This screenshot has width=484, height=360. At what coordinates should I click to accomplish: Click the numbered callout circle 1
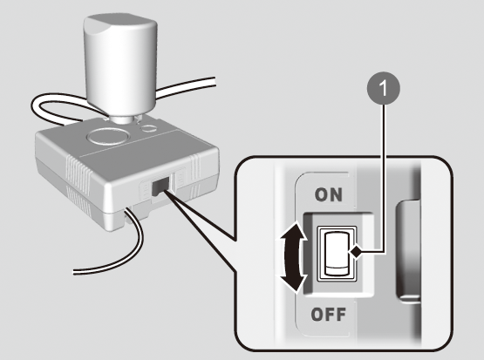(x=384, y=89)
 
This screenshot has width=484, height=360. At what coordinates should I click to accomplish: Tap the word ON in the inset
(x=329, y=195)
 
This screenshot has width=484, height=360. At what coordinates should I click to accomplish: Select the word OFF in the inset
(x=328, y=315)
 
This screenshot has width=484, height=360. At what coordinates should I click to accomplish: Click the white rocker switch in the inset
(x=337, y=254)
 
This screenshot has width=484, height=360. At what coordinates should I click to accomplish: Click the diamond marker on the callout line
(x=356, y=253)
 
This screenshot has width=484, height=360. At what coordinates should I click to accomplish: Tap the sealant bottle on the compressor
(x=119, y=66)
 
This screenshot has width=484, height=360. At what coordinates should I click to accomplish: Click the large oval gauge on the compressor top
(x=108, y=136)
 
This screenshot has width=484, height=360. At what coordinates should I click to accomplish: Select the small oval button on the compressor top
(x=149, y=129)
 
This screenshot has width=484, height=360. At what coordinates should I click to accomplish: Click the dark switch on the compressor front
(x=160, y=186)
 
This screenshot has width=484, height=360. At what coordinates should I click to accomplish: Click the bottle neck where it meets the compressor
(x=122, y=119)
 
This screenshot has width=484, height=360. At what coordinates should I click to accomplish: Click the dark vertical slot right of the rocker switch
(x=408, y=251)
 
